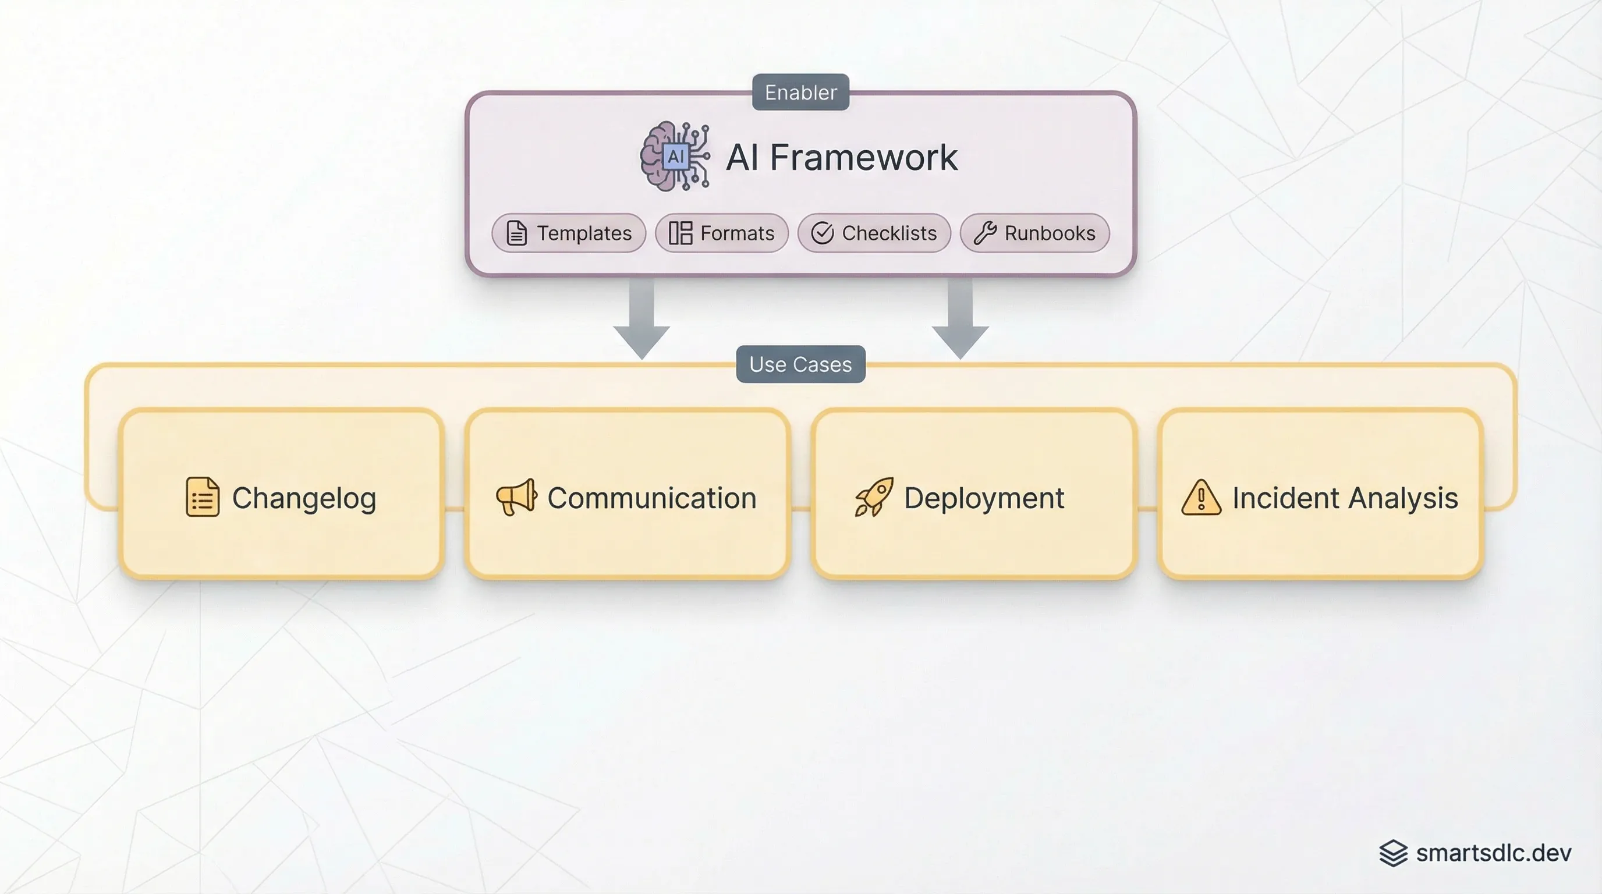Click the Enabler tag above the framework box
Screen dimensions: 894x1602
coord(800,92)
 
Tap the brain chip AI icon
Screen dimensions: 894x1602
coord(675,156)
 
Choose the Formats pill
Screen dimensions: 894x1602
coord(721,233)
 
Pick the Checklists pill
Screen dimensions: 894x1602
coord(874,233)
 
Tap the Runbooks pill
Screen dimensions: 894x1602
coord(1034,233)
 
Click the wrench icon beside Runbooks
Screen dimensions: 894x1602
coord(985,233)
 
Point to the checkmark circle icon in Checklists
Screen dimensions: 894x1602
coord(822,233)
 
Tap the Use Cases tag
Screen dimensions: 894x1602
coord(800,364)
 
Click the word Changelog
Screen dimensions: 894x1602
coord(304,498)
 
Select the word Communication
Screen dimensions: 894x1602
coord(652,498)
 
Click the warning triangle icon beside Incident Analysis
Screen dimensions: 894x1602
coord(1201,498)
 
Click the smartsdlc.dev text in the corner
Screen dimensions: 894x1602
coord(1493,853)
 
